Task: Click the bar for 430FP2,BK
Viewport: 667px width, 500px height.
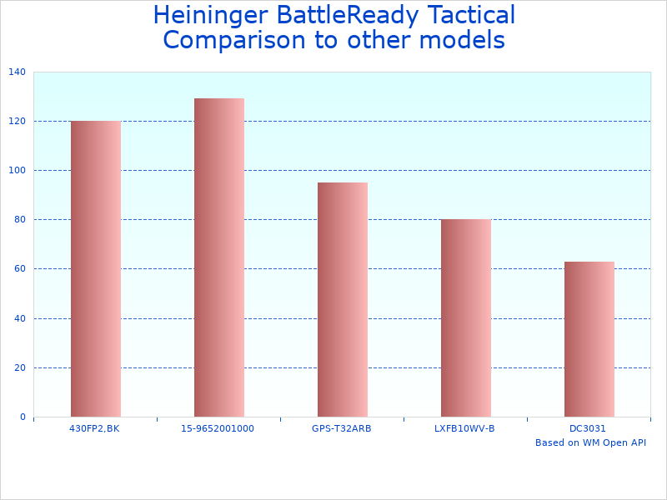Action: pos(95,268)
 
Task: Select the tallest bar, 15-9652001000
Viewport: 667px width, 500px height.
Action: pos(218,257)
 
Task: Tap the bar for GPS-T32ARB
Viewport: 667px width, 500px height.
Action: pos(342,299)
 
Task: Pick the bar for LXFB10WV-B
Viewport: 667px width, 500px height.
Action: pos(465,317)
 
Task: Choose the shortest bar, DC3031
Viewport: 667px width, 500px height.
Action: pos(589,339)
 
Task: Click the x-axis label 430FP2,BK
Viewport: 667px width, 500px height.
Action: pos(94,428)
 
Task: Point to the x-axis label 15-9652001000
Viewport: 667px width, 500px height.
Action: pos(218,428)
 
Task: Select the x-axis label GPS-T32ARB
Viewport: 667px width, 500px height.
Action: pos(341,428)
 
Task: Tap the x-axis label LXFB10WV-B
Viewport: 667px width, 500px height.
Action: pos(464,428)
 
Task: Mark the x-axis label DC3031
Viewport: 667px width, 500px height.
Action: pos(588,428)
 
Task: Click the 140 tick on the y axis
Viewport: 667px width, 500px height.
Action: pos(17,72)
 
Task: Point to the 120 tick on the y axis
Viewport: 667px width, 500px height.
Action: pos(17,122)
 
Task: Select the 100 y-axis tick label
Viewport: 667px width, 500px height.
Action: pos(17,171)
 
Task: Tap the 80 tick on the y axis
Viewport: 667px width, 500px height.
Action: pos(19,220)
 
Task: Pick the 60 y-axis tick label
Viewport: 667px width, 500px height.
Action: pos(19,269)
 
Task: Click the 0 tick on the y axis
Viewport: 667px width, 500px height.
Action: pos(23,417)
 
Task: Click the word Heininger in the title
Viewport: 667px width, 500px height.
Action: pos(211,16)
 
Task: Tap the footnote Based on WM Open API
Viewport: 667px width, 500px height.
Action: pos(590,442)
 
